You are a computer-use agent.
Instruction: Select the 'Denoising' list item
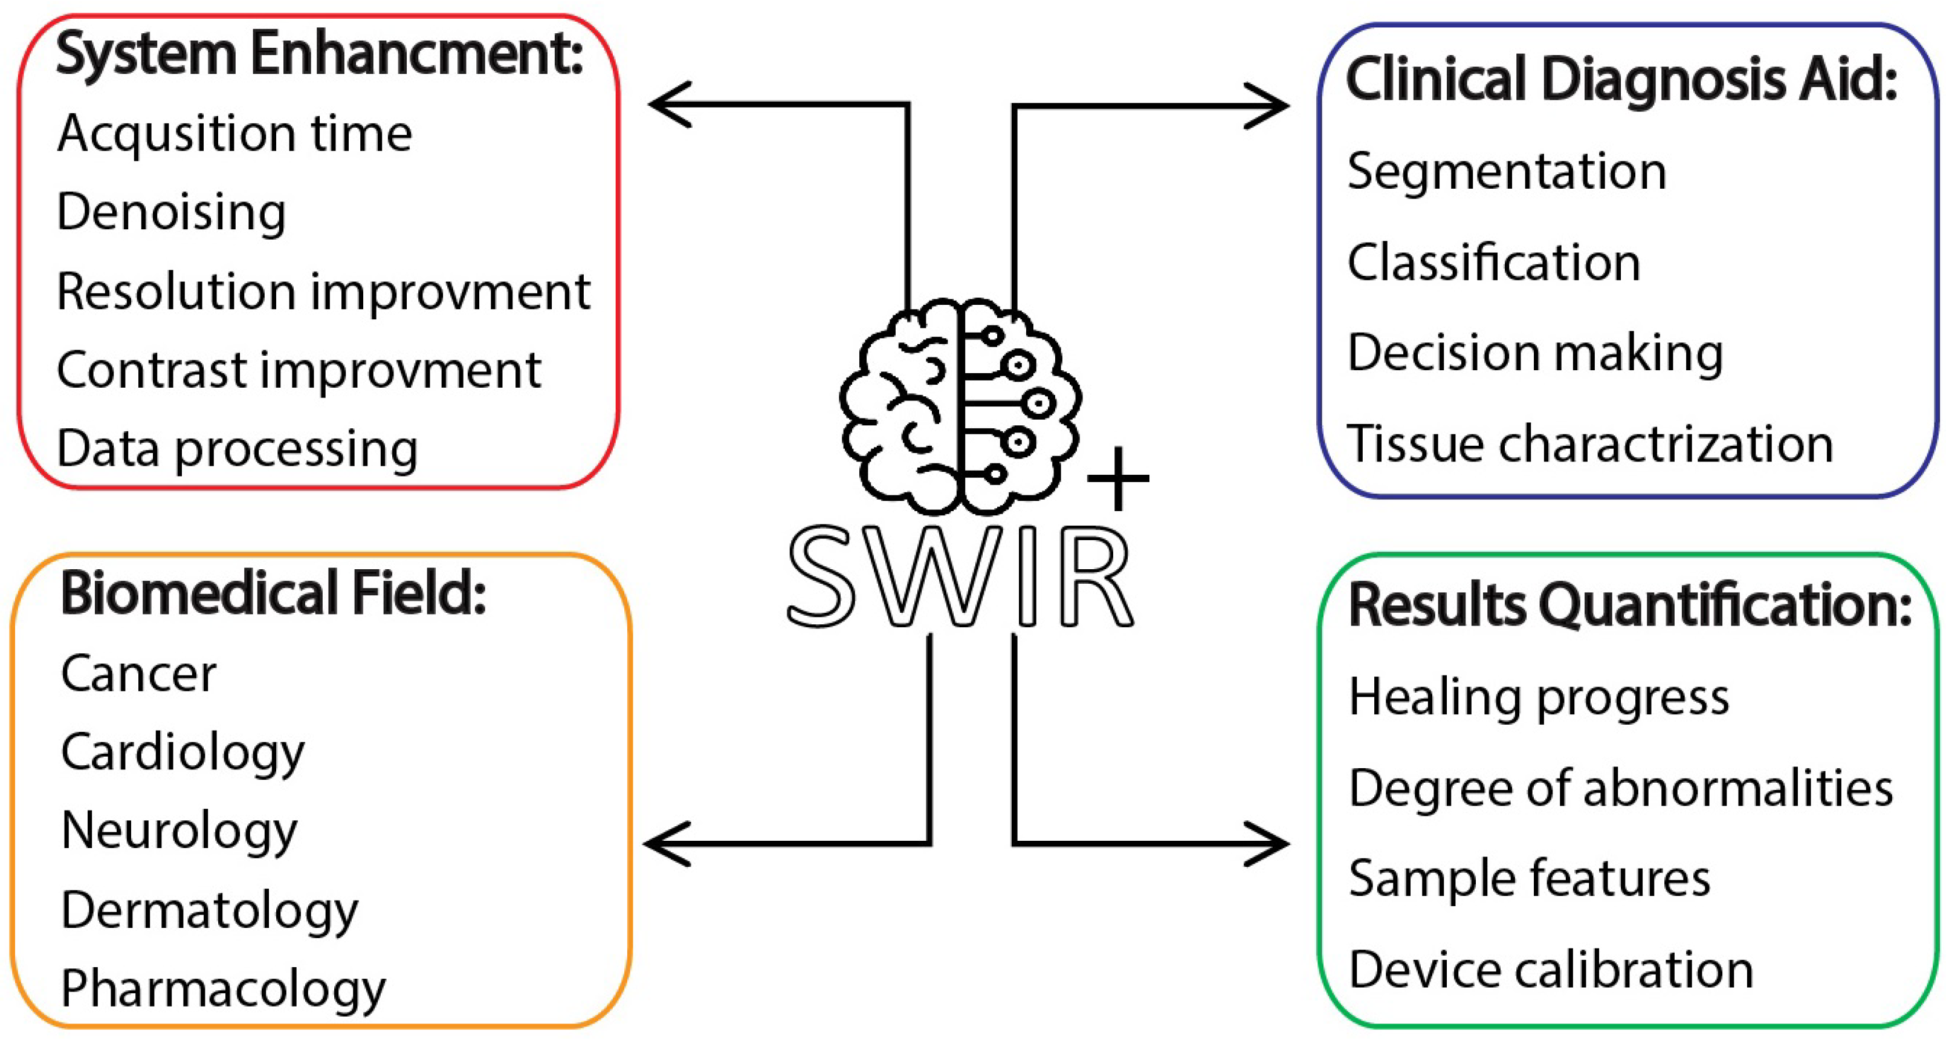click(171, 212)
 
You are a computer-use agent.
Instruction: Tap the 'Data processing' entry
click(237, 449)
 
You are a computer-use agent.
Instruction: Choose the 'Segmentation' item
click(1507, 172)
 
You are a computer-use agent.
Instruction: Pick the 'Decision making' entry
click(1535, 353)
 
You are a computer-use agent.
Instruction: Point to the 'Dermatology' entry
click(210, 910)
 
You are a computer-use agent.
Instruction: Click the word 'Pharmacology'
click(224, 990)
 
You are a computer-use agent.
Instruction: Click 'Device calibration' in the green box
click(1551, 970)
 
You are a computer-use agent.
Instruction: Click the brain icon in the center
click(960, 406)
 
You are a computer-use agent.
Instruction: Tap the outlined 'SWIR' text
click(961, 577)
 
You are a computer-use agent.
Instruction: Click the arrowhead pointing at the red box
click(670, 105)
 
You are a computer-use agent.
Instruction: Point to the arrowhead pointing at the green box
click(1267, 843)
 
